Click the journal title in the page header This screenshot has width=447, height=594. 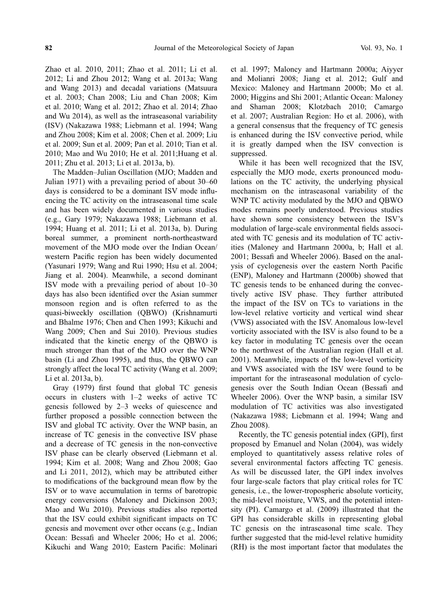tap(224, 48)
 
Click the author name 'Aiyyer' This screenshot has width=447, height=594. tap(390, 69)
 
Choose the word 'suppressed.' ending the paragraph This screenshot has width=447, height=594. tap(249, 153)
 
